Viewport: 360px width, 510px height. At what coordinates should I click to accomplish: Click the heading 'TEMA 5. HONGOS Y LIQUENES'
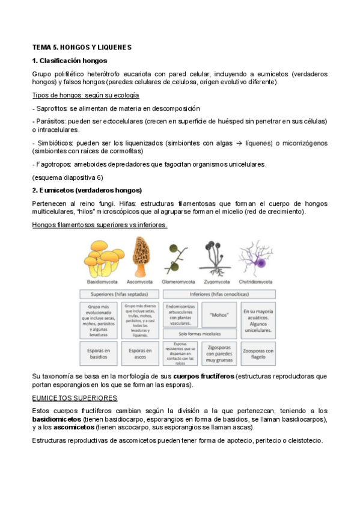(81, 47)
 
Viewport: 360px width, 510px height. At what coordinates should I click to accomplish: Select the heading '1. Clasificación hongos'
(70, 61)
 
